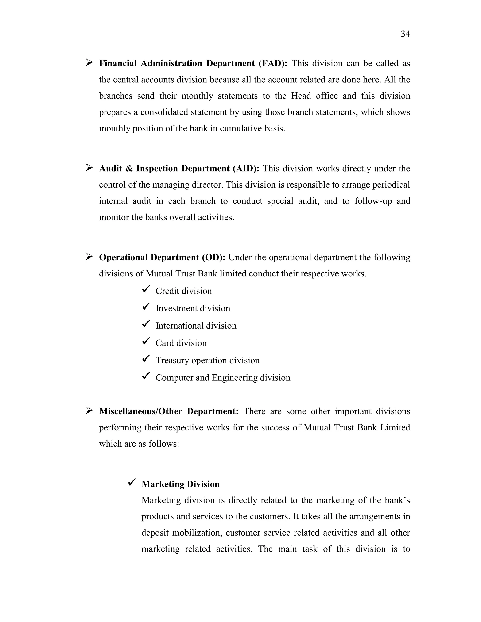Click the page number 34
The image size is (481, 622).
pos(405,34)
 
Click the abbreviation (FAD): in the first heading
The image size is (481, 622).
pos(273,63)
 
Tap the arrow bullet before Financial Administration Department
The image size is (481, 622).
pos(89,62)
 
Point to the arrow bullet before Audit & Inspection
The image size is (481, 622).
pos(89,168)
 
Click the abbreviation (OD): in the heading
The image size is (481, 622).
pos(213,257)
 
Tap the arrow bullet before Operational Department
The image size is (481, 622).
pos(89,257)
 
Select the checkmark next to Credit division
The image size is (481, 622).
pos(146,290)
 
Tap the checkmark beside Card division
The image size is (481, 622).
pos(146,342)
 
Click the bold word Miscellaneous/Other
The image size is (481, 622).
pos(140,411)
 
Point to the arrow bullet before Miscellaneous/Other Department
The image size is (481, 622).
pos(89,411)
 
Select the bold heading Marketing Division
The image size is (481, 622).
pos(180,484)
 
